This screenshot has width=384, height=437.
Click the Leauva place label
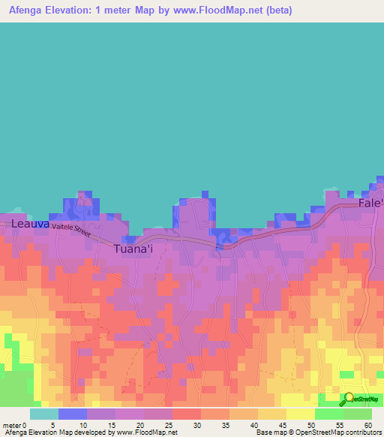(30, 224)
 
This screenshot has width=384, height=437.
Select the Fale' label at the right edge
(370, 203)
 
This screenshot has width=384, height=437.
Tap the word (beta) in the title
(275, 11)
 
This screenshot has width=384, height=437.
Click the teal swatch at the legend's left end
(44, 414)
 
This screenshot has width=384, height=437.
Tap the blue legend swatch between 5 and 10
(73, 414)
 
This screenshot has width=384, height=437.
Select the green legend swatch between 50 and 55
(329, 414)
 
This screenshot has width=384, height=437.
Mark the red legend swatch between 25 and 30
(187, 414)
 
